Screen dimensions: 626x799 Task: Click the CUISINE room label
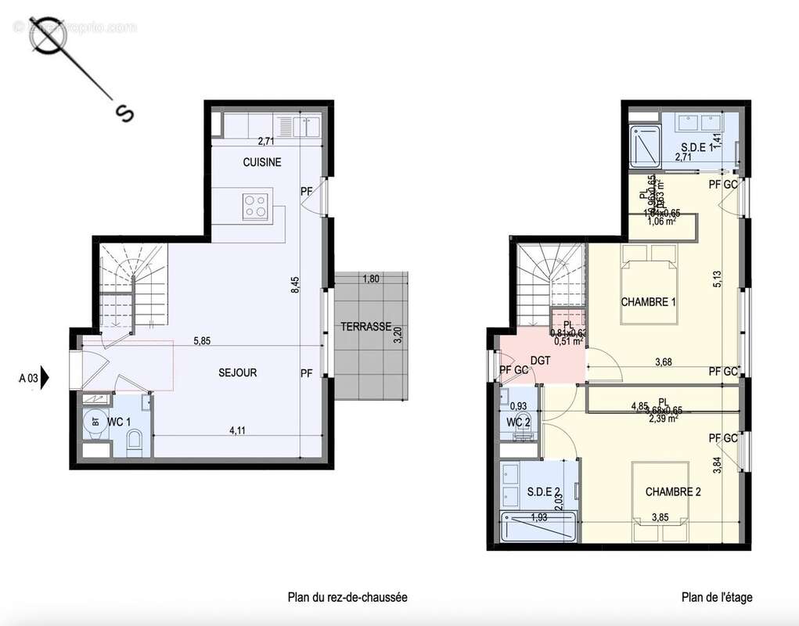(261, 163)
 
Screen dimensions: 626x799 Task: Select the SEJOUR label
(238, 373)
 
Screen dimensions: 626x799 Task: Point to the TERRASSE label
(365, 326)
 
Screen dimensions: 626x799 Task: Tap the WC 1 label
(119, 423)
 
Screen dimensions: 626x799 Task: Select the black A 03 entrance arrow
(45, 379)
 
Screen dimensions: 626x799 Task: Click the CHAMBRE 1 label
(649, 302)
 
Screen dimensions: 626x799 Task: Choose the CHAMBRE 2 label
(673, 492)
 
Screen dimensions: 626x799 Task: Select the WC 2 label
(519, 423)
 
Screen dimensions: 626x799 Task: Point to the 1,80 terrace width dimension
(371, 279)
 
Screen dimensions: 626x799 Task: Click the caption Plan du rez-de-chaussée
(347, 598)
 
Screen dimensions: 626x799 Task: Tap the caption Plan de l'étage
(717, 598)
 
